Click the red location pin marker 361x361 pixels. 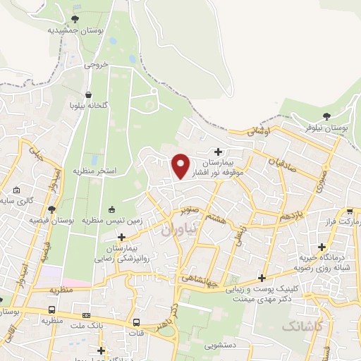tap(181, 166)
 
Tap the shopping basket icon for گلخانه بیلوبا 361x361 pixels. tap(88, 94)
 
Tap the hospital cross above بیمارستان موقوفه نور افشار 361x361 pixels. tap(219, 152)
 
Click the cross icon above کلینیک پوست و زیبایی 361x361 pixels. tap(262, 278)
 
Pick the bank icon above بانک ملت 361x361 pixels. tap(86, 314)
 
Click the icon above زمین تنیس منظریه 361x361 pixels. tap(112, 209)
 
